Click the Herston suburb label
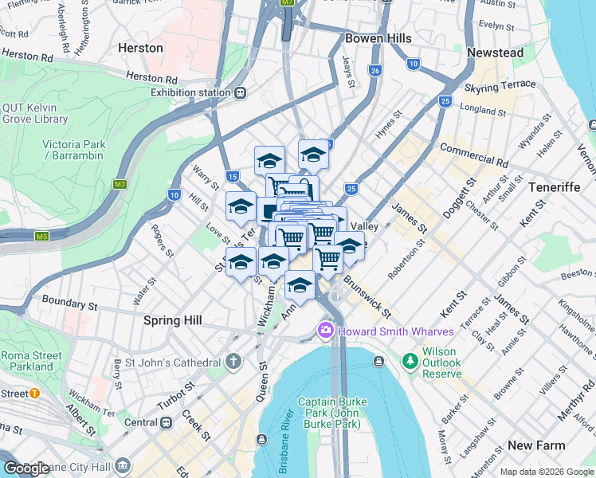[140, 48]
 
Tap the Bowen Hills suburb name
[378, 38]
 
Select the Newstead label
[495, 53]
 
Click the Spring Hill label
[172, 320]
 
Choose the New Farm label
[536, 445]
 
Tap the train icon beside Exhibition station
[238, 92]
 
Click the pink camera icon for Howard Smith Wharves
[325, 331]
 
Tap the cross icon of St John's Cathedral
[233, 362]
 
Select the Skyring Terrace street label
[500, 85]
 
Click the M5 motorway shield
[41, 236]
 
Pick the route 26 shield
[374, 71]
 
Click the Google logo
[26, 468]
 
